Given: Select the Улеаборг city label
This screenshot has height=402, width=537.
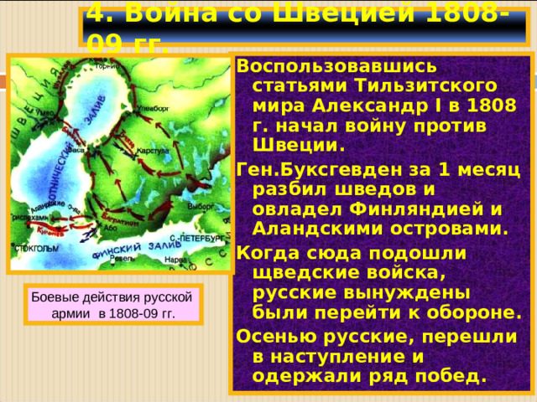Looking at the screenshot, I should pos(159,108).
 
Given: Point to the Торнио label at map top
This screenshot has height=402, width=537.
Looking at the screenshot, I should pos(106,64).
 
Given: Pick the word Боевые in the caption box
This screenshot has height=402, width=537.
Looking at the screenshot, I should pos(54,297).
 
